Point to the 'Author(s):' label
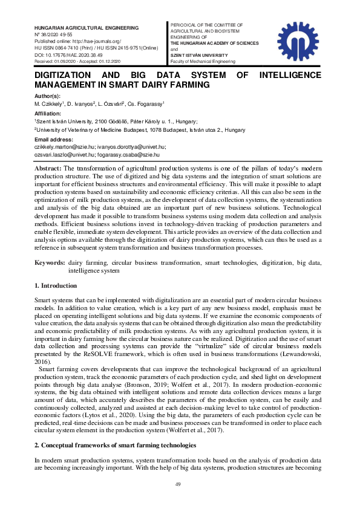coord(47,96)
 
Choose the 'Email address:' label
coord(53,140)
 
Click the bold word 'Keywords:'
coord(50,263)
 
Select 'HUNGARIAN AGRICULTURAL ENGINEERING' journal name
coord(86,28)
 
